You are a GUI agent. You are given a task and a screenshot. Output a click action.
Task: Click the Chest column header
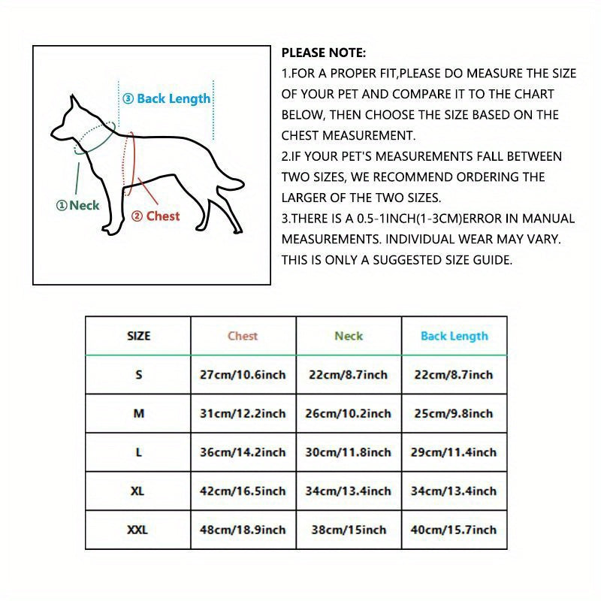pos(243,336)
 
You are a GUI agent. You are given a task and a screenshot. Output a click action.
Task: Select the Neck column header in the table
pos(349,336)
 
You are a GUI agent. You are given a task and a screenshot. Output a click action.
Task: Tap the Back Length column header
pos(454,336)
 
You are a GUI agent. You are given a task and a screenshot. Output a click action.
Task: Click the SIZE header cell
pos(138,336)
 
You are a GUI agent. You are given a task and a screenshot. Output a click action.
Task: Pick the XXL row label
pos(137,530)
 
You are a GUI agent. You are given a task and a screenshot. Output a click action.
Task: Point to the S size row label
pos(138,374)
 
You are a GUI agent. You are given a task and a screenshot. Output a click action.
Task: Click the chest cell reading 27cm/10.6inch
pos(243,374)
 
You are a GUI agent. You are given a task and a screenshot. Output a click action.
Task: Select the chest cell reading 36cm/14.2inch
pos(243,452)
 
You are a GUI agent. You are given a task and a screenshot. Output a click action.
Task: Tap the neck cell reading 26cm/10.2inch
pos(349,413)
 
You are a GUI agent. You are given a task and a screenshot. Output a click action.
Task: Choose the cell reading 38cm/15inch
pos(349,530)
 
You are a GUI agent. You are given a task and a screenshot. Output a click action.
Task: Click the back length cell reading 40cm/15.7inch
pos(454,530)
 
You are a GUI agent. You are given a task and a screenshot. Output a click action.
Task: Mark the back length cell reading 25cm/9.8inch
pos(454,413)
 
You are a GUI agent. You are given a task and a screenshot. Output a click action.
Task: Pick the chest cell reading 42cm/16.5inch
pos(243,491)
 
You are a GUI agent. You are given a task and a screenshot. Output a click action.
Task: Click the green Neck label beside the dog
pos(78,205)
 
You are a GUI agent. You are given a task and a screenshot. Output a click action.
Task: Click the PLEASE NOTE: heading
pos(323,53)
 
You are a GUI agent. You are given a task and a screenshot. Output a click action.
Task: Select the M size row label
pos(138,413)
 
